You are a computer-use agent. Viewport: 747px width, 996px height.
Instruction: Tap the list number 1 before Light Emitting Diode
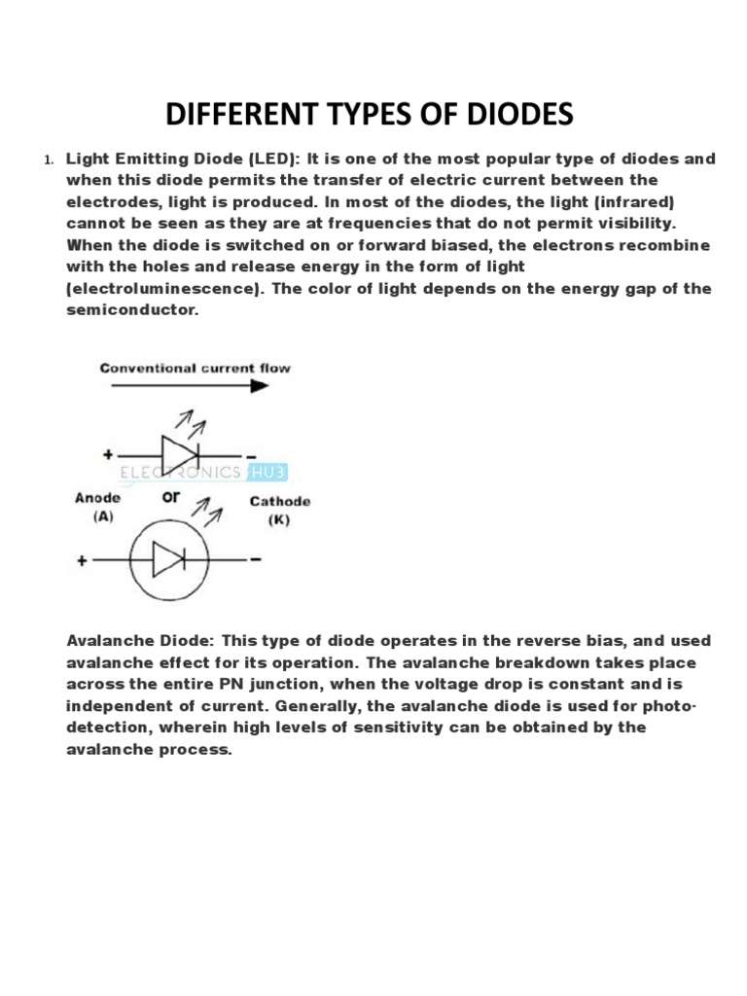tap(48, 160)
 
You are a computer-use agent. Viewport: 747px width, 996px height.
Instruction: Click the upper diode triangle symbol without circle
tap(178, 454)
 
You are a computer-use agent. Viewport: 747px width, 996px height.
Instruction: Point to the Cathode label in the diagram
tap(280, 502)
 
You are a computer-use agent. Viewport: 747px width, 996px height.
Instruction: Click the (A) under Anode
tap(102, 516)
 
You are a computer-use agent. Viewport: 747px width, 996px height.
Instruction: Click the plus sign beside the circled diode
tap(80, 560)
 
